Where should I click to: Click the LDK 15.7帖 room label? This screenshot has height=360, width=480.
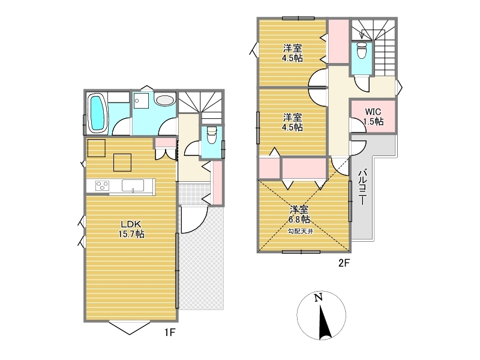pyautogui.click(x=131, y=229)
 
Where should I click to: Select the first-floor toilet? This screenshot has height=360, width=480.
pyautogui.click(x=212, y=136)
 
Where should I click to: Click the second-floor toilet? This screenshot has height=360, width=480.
pyautogui.click(x=362, y=50)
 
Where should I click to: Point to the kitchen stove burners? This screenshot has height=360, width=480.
pyautogui.click(x=102, y=185)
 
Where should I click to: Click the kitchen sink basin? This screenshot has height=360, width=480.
pyautogui.click(x=133, y=185)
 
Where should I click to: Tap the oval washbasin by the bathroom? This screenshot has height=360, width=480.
pyautogui.click(x=164, y=100)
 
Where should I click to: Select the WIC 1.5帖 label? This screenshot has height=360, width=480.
pyautogui.click(x=373, y=116)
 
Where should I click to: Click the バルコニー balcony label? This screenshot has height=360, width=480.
pyautogui.click(x=362, y=187)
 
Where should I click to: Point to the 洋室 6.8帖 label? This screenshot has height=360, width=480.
pyautogui.click(x=299, y=214)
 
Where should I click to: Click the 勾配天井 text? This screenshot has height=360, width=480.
pyautogui.click(x=301, y=232)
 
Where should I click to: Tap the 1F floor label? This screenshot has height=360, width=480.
pyautogui.click(x=169, y=332)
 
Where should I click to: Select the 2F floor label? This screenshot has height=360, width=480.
pyautogui.click(x=344, y=263)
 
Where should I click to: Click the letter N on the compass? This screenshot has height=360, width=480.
pyautogui.click(x=319, y=297)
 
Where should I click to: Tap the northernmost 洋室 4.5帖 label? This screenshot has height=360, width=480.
pyautogui.click(x=292, y=53)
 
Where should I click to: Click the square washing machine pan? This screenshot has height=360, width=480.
pyautogui.click(x=141, y=100)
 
